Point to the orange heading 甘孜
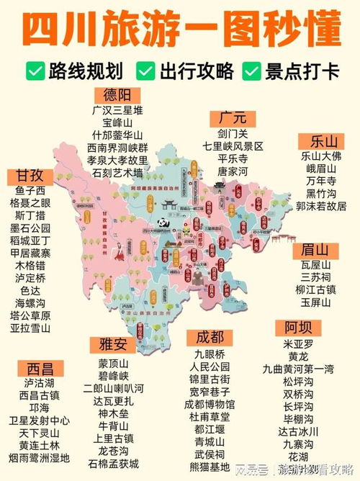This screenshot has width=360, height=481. [x=26, y=176]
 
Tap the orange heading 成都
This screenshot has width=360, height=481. [x=209, y=338]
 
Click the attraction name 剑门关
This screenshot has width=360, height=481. [x=233, y=133]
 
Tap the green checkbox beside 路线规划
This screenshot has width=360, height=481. [x=33, y=71]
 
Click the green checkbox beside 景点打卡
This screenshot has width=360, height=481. [x=251, y=71]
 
